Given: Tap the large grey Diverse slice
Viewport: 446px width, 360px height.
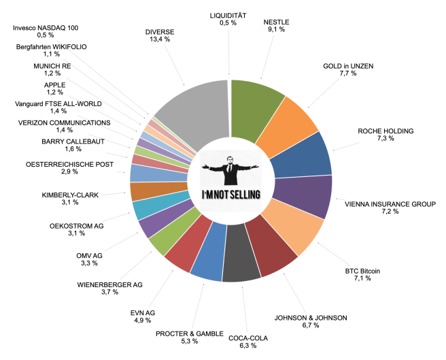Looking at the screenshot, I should click(x=192, y=113).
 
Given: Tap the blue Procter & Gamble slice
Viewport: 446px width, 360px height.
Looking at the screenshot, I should click(x=208, y=260).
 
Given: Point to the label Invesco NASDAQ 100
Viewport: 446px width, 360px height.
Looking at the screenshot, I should click(x=46, y=27).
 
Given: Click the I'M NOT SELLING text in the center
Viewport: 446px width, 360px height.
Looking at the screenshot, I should click(x=231, y=195).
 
